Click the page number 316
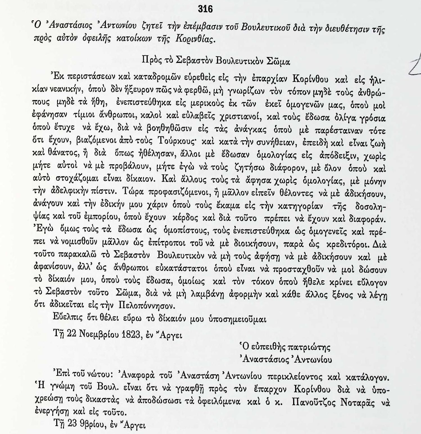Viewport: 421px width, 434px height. pyautogui.click(x=205, y=9)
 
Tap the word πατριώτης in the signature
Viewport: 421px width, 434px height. pyautogui.click(x=309, y=347)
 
